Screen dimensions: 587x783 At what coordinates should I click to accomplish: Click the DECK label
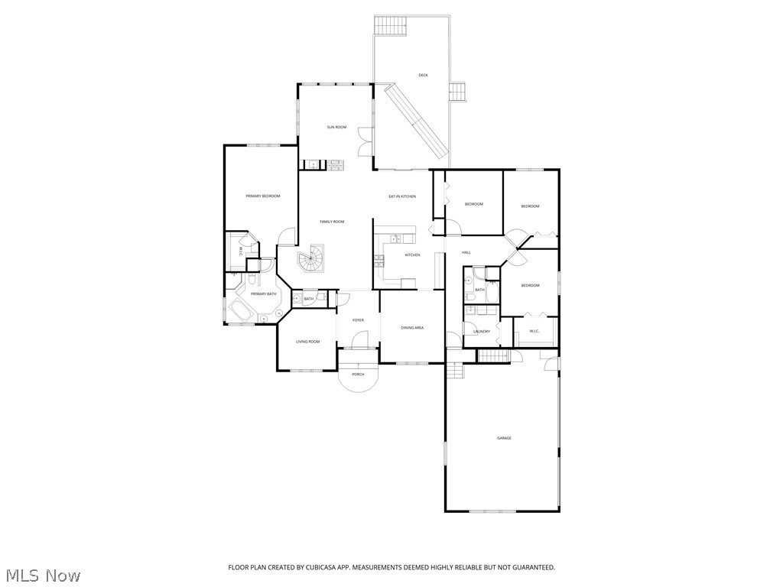pos(423,75)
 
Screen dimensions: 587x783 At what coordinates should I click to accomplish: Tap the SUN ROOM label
pos(336,127)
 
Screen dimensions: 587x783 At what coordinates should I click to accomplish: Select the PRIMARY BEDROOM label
pos(262,196)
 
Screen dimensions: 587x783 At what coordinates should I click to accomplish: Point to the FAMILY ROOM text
pos(332,222)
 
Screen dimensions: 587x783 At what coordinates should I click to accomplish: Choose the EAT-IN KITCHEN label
pos(402,196)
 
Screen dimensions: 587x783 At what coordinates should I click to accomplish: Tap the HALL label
pos(466,252)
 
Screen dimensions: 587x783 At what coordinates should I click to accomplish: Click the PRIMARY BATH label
pos(263,294)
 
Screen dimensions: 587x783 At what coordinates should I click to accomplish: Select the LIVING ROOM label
pos(307,342)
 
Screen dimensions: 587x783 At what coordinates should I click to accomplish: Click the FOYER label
pos(358,320)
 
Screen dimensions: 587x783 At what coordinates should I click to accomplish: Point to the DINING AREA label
pos(412,328)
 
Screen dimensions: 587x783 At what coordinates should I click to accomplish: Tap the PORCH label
pos(358,375)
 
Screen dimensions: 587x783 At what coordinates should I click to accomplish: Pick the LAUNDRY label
pos(481,332)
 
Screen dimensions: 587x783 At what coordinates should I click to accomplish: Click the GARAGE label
pos(504,438)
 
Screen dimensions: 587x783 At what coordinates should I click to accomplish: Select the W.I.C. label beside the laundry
pos(534,331)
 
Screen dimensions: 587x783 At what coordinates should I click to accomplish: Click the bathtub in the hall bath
pos(492,290)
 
